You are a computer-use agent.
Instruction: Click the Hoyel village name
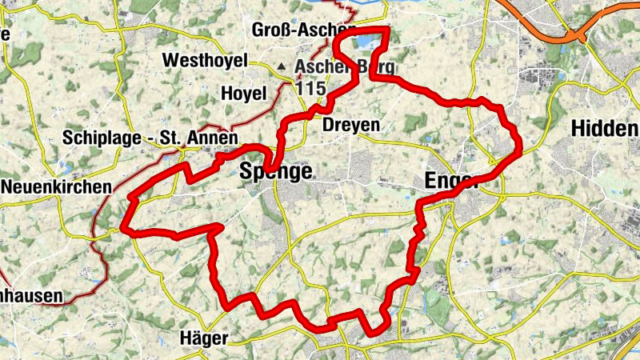click(x=243, y=94)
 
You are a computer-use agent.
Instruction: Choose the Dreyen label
click(x=350, y=125)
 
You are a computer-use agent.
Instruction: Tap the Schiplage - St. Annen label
click(x=150, y=138)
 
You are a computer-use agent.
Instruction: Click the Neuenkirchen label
click(x=56, y=186)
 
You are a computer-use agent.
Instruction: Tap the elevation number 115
click(x=310, y=87)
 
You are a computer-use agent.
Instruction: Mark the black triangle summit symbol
click(x=282, y=67)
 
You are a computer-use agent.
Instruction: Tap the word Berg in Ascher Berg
click(x=376, y=67)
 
